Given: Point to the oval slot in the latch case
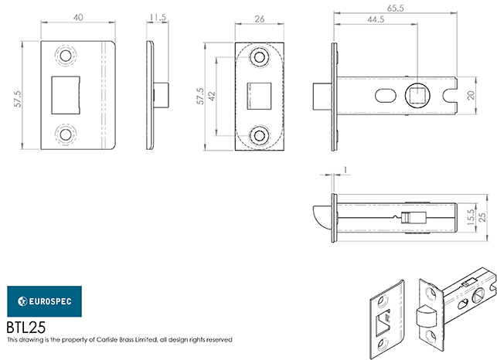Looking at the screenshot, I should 385,95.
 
